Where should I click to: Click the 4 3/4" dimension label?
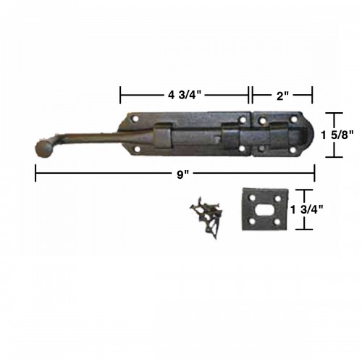tap(185, 93)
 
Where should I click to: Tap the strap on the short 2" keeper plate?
tap(278, 135)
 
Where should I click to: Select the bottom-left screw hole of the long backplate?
tap(136, 148)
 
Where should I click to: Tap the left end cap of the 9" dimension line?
tap(35, 173)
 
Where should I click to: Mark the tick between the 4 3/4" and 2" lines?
tap(251, 93)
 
